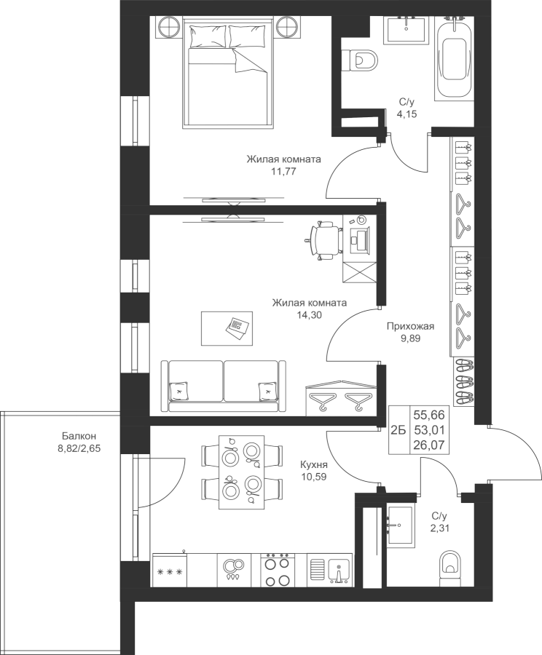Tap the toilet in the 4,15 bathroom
(360, 60)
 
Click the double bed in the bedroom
(228, 74)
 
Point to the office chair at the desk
(323, 240)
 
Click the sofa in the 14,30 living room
(224, 386)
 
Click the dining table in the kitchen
(242, 472)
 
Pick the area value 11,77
(283, 170)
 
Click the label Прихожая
(410, 327)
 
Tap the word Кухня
(314, 464)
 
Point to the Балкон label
(79, 437)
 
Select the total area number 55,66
(429, 415)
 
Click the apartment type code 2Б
(398, 430)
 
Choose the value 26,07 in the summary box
(429, 446)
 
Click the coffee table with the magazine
(227, 328)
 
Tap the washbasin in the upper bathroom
(405, 29)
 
